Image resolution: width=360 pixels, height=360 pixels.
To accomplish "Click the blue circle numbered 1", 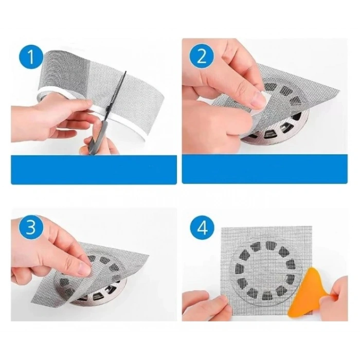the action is [31, 58].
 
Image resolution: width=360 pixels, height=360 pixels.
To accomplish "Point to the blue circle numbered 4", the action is [202, 227].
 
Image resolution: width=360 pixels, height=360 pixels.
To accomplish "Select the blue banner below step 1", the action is [94, 169].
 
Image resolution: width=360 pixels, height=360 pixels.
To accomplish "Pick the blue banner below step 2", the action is [264, 169].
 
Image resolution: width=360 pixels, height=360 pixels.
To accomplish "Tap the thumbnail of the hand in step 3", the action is [84, 268].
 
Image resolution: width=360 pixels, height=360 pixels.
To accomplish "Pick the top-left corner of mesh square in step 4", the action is [221, 228].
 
